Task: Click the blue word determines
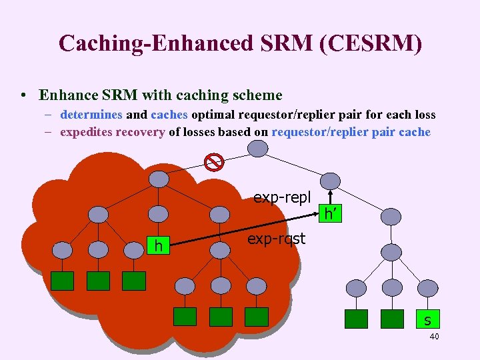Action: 91,114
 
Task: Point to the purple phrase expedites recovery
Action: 112,131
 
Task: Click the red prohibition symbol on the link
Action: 213,161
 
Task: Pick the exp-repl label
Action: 282,197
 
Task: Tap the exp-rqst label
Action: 276,238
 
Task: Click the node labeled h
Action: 159,246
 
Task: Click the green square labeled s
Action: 427,319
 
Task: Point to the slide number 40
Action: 434,337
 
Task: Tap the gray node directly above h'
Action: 329,181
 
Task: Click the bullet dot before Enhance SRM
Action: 24,96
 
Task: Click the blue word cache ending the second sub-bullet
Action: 415,131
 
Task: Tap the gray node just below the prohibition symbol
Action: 159,179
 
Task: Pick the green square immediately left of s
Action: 391,319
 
